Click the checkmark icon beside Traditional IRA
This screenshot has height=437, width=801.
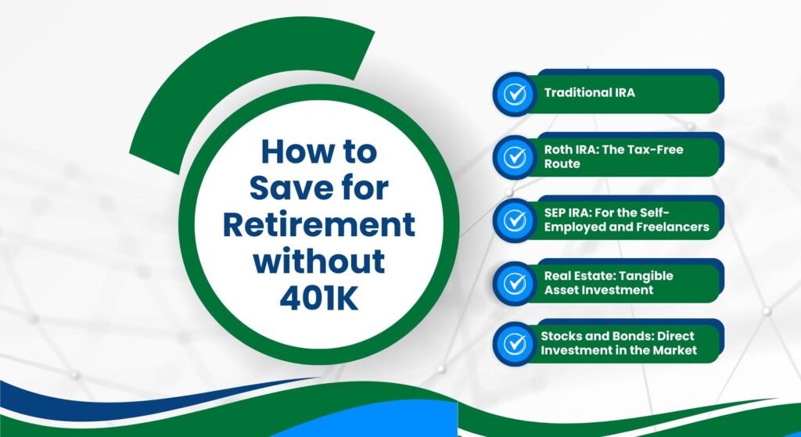point(514,94)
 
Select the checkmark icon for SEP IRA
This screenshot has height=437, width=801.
point(514,220)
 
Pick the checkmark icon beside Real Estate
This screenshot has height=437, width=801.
point(514,283)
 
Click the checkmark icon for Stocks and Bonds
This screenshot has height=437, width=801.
point(514,342)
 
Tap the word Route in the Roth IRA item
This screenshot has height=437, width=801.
point(562,164)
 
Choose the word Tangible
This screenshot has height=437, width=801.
point(645,276)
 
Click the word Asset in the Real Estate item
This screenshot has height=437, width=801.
point(562,290)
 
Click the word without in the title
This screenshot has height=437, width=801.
point(318,260)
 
